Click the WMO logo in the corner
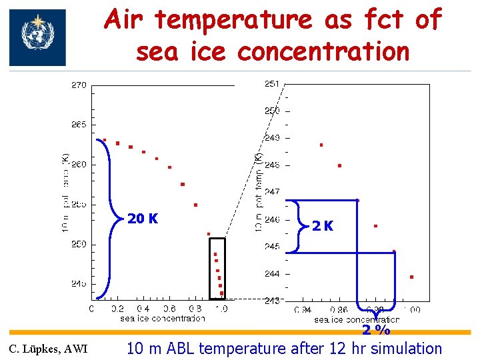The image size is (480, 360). pos(37,37)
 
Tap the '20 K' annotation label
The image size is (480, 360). pos(143,219)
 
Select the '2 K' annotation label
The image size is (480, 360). pos(323,226)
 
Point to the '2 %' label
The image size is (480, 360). pos(376,330)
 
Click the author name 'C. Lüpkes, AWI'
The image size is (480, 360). pos(47,349)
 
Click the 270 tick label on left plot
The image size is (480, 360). pos(79,85)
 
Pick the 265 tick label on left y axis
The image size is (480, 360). pos(79,125)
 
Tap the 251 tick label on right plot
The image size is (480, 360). pos(272,83)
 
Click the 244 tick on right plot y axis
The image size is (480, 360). pos(272,273)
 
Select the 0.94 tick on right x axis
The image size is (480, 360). pos(303,310)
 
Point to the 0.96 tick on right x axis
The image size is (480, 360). pos(339,310)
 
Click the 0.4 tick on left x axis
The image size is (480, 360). pos(143,309)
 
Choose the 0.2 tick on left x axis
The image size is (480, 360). pos(117,309)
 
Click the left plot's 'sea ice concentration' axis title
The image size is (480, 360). pos(162,318)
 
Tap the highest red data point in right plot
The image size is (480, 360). pos(321,145)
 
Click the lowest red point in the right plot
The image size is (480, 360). pos(411,276)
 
